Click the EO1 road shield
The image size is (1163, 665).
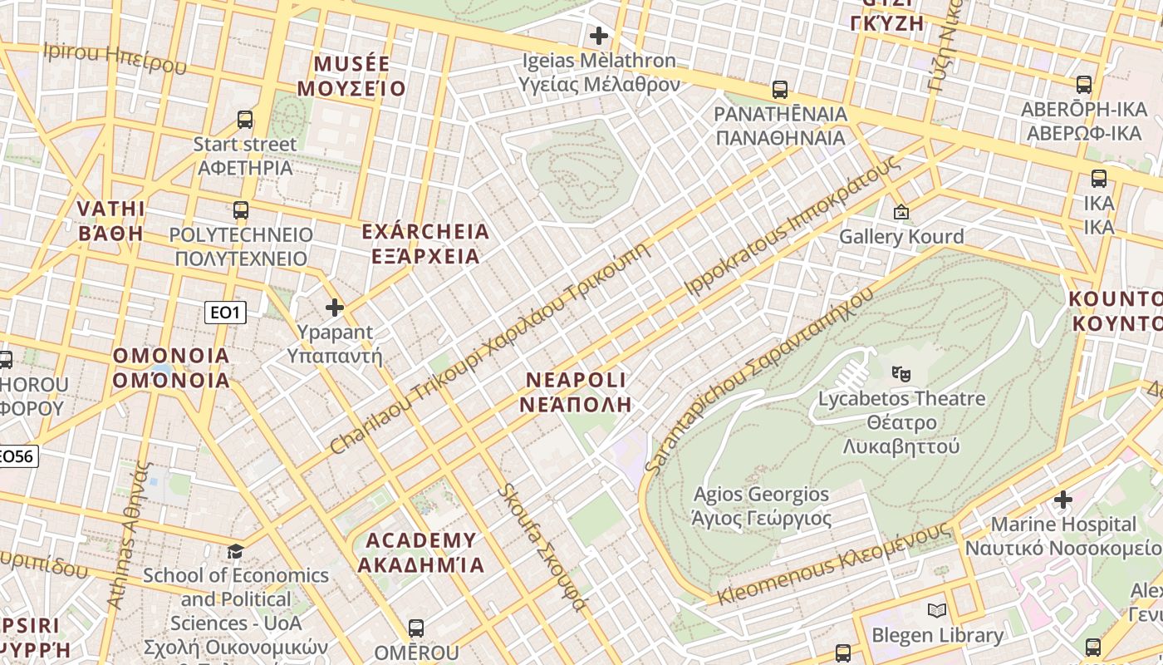pos(225,313)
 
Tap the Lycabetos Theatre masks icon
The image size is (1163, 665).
pos(900,373)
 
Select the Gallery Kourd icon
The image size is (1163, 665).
pos(900,213)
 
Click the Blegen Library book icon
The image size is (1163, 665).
pos(937,611)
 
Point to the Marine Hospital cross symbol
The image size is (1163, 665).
pos(1063,500)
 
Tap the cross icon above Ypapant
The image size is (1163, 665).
pos(335,308)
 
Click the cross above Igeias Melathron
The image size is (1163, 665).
pos(598,36)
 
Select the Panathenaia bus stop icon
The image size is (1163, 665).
pos(779,90)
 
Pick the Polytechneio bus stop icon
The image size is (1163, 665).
pos(241,210)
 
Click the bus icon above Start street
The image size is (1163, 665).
pos(245,120)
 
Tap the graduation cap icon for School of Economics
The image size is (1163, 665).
pos(236,551)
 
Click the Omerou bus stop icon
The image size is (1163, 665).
pos(416,628)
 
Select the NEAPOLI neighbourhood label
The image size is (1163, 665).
pos(576,392)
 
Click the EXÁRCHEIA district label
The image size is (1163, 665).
pos(426,244)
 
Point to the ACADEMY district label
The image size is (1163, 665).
pos(421,553)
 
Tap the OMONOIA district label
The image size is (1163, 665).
pos(171,368)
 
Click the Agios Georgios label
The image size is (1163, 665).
pos(761,506)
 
